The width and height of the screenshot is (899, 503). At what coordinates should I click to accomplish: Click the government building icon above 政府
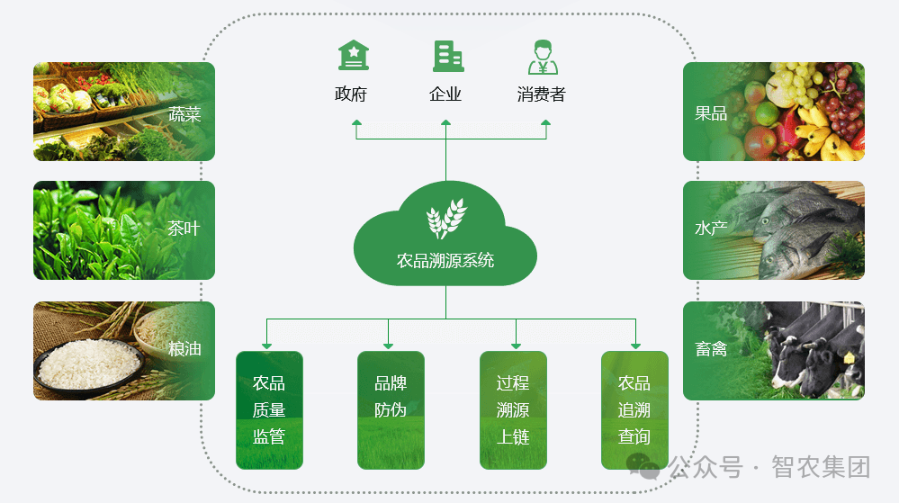(353, 56)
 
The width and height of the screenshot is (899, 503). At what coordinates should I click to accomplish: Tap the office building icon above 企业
(447, 56)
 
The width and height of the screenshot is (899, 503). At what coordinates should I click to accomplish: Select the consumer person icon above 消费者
(542, 56)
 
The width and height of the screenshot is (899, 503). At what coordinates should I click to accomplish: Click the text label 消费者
(542, 94)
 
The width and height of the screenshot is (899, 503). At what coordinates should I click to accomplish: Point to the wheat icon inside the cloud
(445, 217)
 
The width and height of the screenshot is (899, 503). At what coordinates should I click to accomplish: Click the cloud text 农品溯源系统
(445, 261)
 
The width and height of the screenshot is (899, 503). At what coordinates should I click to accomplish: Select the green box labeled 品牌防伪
(391, 409)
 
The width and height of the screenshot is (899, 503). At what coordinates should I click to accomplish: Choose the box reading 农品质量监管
(269, 409)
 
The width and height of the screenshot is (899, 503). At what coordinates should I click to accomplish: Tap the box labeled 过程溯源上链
(513, 409)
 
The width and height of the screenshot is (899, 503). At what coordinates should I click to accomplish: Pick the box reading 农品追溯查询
(634, 409)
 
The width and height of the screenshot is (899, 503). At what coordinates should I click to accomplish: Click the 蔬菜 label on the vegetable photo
(184, 114)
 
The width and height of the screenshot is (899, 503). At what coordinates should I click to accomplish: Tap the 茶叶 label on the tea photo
(184, 229)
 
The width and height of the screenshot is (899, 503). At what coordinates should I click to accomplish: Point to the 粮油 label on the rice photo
(184, 349)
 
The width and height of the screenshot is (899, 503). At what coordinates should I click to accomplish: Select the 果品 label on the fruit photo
(711, 113)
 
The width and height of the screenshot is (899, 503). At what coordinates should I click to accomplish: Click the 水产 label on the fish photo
(711, 229)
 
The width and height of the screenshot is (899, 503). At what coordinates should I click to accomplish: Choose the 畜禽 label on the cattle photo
(711, 349)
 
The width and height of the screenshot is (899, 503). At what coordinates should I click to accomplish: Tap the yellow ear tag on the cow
(848, 357)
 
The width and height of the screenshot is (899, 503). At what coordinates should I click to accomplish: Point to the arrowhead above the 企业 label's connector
(446, 122)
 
